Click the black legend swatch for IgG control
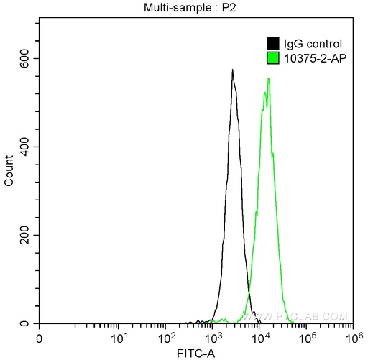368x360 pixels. [273, 44]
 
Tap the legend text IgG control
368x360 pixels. [308, 44]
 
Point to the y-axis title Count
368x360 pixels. [9, 172]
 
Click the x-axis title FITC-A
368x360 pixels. [195, 354]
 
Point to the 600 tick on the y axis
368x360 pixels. [25, 58]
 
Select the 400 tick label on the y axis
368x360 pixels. [25, 147]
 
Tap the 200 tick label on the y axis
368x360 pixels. [25, 235]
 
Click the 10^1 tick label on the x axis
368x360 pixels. [119, 337]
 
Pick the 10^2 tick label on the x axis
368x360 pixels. [166, 337]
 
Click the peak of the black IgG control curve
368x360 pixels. [233, 70]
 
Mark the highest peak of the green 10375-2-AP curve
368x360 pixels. [269, 78]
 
